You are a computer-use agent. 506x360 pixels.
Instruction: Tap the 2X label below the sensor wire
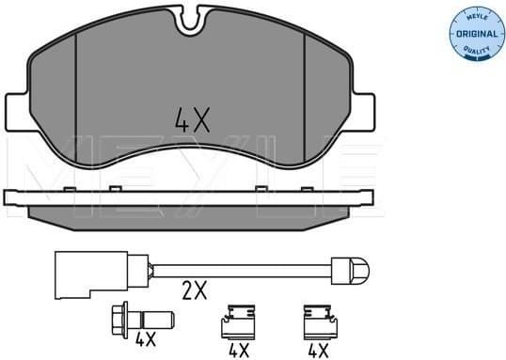[x=194, y=292]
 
